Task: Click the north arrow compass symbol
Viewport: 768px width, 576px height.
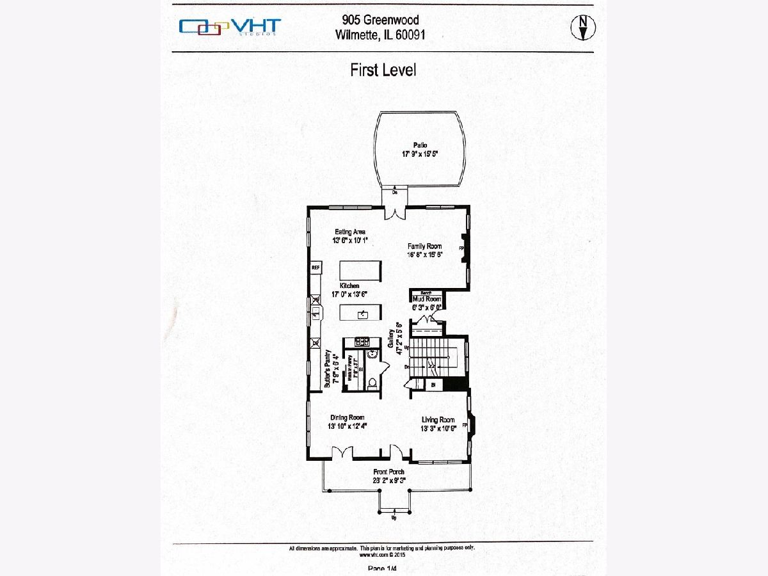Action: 582,26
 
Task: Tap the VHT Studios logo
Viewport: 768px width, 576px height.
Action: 230,26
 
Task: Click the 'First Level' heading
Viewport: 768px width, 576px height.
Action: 383,70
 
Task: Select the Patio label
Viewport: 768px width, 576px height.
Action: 420,145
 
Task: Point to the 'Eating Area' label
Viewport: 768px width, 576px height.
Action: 351,232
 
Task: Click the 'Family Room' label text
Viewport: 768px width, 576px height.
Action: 425,246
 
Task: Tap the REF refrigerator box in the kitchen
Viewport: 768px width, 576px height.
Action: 316,268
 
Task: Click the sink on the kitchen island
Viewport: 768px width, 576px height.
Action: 362,313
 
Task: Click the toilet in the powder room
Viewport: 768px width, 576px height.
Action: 372,383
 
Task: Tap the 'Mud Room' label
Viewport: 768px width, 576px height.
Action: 427,299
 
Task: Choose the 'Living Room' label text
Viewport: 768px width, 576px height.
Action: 438,420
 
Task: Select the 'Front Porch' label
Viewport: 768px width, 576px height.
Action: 389,472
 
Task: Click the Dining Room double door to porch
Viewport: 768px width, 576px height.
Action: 342,452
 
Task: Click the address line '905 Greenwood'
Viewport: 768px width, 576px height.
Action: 380,20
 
